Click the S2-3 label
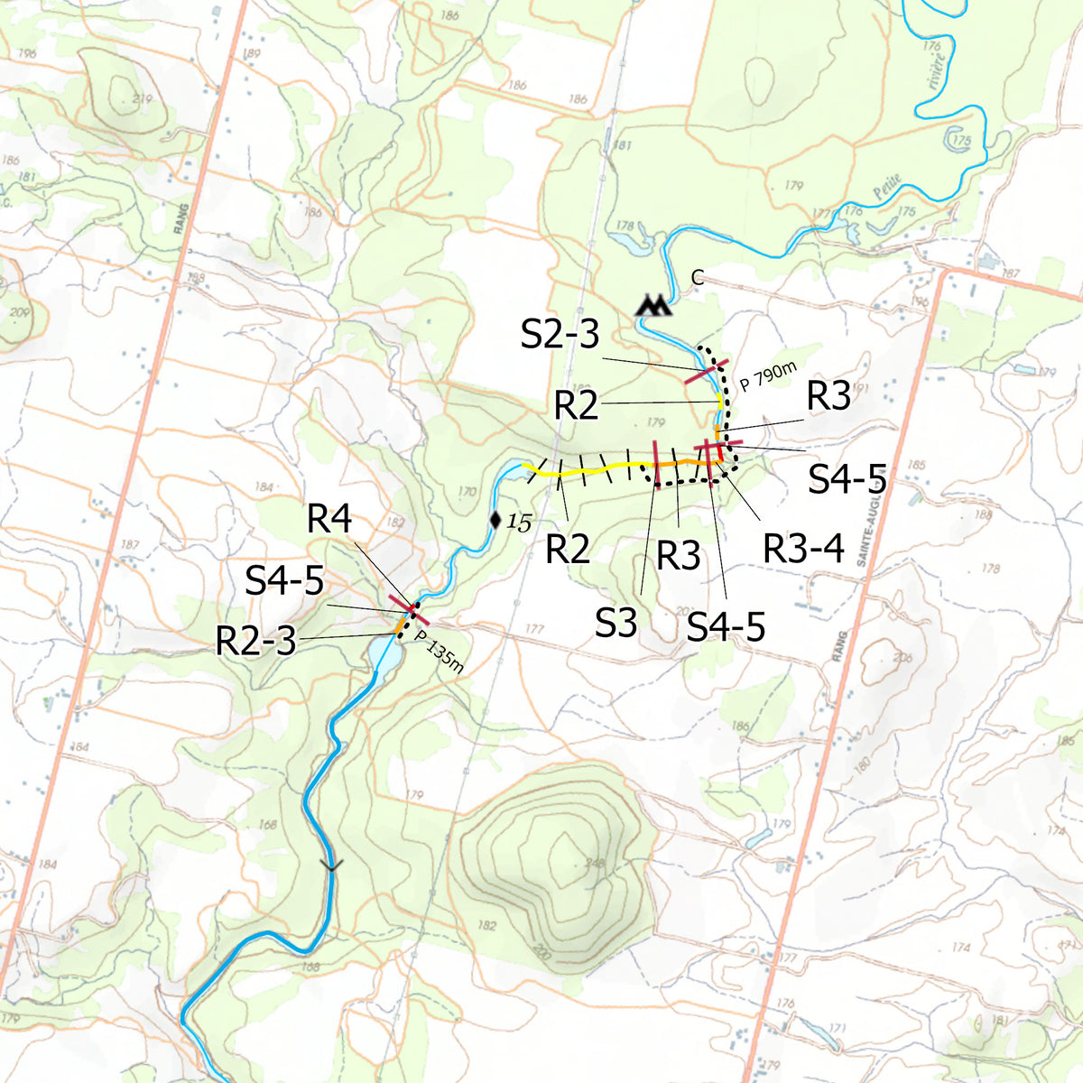coord(560,335)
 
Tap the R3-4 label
coord(804,547)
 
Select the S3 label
coord(616,624)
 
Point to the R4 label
coord(329,520)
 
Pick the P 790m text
coord(769,375)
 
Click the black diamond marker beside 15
coord(495,520)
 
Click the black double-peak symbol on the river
coord(654,305)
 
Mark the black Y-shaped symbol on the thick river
coord(332,865)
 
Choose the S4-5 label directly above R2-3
coord(284,581)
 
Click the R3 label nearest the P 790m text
coord(828,396)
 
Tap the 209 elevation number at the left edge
coord(18,315)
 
